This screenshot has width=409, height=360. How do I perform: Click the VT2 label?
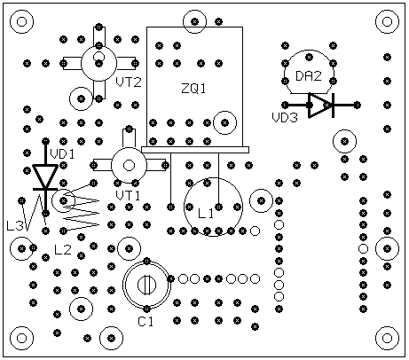pos(129,82)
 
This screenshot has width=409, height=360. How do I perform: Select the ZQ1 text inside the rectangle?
pos(193,89)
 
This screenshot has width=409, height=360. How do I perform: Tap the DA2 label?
pos(309,76)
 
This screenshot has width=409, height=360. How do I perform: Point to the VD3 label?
pos(285,118)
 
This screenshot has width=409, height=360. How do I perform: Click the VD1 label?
pos(62,154)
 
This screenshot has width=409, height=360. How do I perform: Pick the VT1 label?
pos(128,196)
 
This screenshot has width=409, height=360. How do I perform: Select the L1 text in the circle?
pos(206,214)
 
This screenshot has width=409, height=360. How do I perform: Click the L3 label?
pos(15,226)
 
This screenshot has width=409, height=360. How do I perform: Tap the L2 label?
pos(63,250)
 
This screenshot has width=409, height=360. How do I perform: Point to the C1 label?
pos(146,322)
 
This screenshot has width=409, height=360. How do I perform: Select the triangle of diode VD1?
pos(45,176)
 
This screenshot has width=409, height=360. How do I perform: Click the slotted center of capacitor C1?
pos(146,285)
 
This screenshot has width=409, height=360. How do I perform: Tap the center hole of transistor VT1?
pos(129,165)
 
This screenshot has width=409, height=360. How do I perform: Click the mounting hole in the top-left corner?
pos(22,21)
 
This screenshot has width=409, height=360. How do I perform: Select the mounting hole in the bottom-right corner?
pos(387,338)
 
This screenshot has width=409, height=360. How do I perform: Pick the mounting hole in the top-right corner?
pos(387,21)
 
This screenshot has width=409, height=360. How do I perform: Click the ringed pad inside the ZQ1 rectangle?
pos(224,122)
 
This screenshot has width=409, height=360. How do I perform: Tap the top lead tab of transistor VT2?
pos(99,36)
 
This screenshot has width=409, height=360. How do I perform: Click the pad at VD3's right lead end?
pos(357,105)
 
